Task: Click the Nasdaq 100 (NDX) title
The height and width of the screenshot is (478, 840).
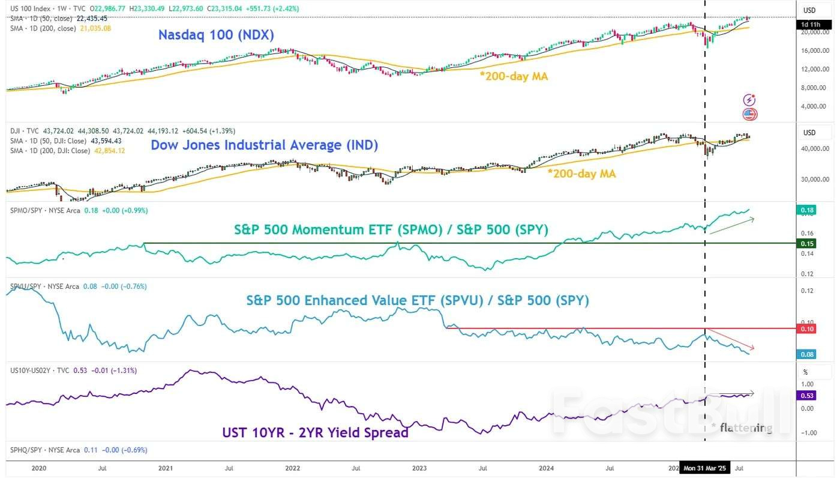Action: (216, 35)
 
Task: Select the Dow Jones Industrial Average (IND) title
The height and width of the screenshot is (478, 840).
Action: (264, 145)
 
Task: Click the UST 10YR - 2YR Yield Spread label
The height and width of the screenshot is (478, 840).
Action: (315, 432)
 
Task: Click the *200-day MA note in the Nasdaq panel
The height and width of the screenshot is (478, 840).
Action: (514, 76)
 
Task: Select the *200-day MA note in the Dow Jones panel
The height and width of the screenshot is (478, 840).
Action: (581, 174)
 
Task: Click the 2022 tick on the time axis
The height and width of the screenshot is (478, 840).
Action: (293, 468)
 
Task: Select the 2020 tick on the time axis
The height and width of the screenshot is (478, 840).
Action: (38, 468)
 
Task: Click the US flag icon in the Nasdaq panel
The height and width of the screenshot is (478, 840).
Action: (750, 114)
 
